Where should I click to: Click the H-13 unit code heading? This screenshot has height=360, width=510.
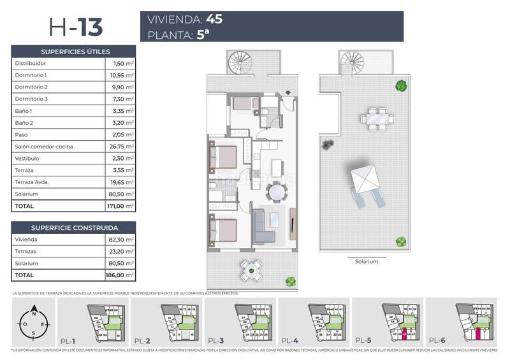(x=75, y=27)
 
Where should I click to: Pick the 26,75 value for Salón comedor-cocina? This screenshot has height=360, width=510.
(x=119, y=147)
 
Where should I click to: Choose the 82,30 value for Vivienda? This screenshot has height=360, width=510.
(x=119, y=240)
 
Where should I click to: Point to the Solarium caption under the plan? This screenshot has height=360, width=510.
(x=367, y=261)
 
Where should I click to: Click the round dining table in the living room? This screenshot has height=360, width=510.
(x=277, y=191)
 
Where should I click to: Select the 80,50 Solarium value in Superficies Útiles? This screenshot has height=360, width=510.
(x=119, y=194)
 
